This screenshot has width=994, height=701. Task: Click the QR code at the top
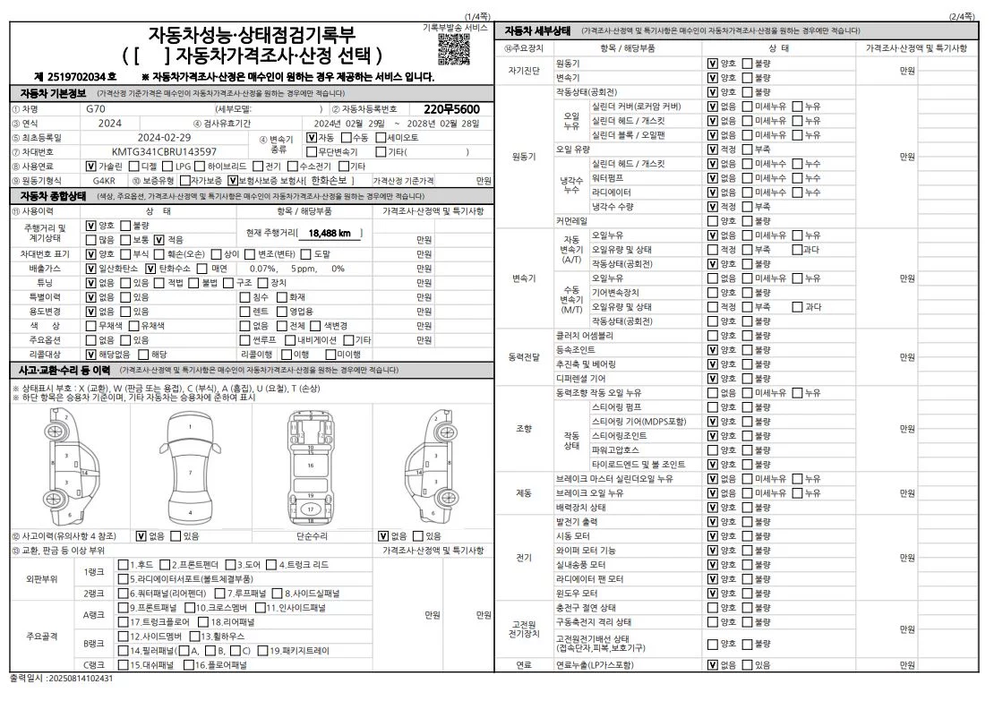pos(454,49)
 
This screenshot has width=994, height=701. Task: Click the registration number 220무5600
pos(451,108)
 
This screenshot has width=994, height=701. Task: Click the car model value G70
pos(96,108)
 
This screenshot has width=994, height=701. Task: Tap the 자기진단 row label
pos(524,70)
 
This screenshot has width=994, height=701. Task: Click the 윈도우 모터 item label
pos(578,593)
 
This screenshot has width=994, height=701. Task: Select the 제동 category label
pos(524,492)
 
